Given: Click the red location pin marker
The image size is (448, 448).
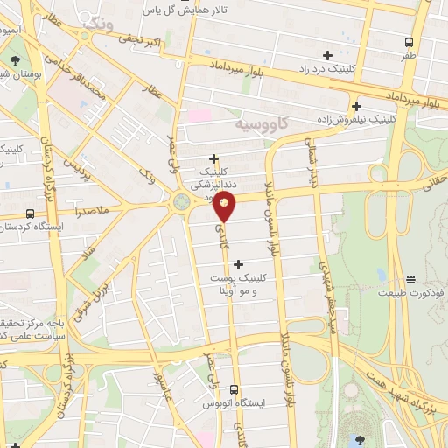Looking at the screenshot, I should [x=226, y=205].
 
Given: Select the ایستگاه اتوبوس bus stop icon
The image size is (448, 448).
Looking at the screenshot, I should [x=234, y=389].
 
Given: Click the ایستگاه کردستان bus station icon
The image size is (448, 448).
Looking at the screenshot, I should [x=31, y=213].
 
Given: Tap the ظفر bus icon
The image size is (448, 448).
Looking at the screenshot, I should [x=409, y=42].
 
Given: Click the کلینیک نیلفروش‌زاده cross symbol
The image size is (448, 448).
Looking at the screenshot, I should [x=356, y=106].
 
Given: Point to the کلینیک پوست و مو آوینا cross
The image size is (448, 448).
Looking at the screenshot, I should [x=238, y=262].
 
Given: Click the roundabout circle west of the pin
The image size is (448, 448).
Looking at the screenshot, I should [x=182, y=202].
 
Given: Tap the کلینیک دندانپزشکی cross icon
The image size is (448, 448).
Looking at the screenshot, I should [x=213, y=157].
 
